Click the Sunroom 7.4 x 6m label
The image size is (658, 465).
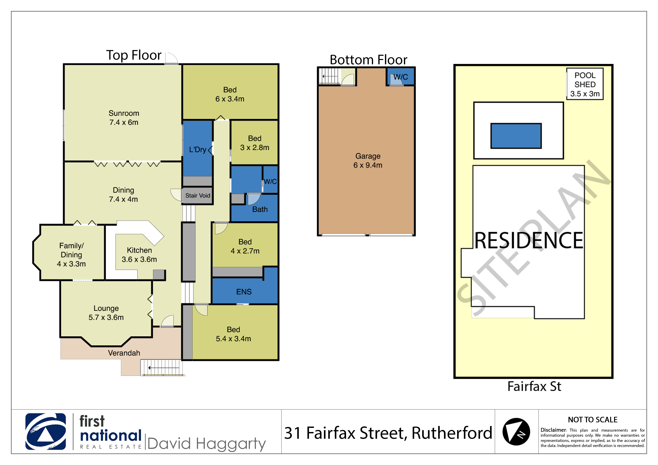pyautogui.click(x=124, y=118)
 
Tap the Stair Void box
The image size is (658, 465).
pyautogui.click(x=198, y=196)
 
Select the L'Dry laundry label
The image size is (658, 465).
pyautogui.click(x=198, y=150)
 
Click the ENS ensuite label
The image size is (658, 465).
pyautogui.click(x=244, y=292)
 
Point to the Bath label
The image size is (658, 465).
pyautogui.click(x=260, y=209)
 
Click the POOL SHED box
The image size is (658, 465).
pyautogui.click(x=585, y=84)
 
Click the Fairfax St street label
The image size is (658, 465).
pyautogui.click(x=534, y=386)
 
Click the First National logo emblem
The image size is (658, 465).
pyautogui.click(x=46, y=431)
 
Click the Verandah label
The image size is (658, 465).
pyautogui.click(x=124, y=353)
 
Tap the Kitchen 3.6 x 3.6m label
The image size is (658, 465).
pyautogui.click(x=139, y=255)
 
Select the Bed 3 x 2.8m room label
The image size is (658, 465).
pyautogui.click(x=255, y=143)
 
